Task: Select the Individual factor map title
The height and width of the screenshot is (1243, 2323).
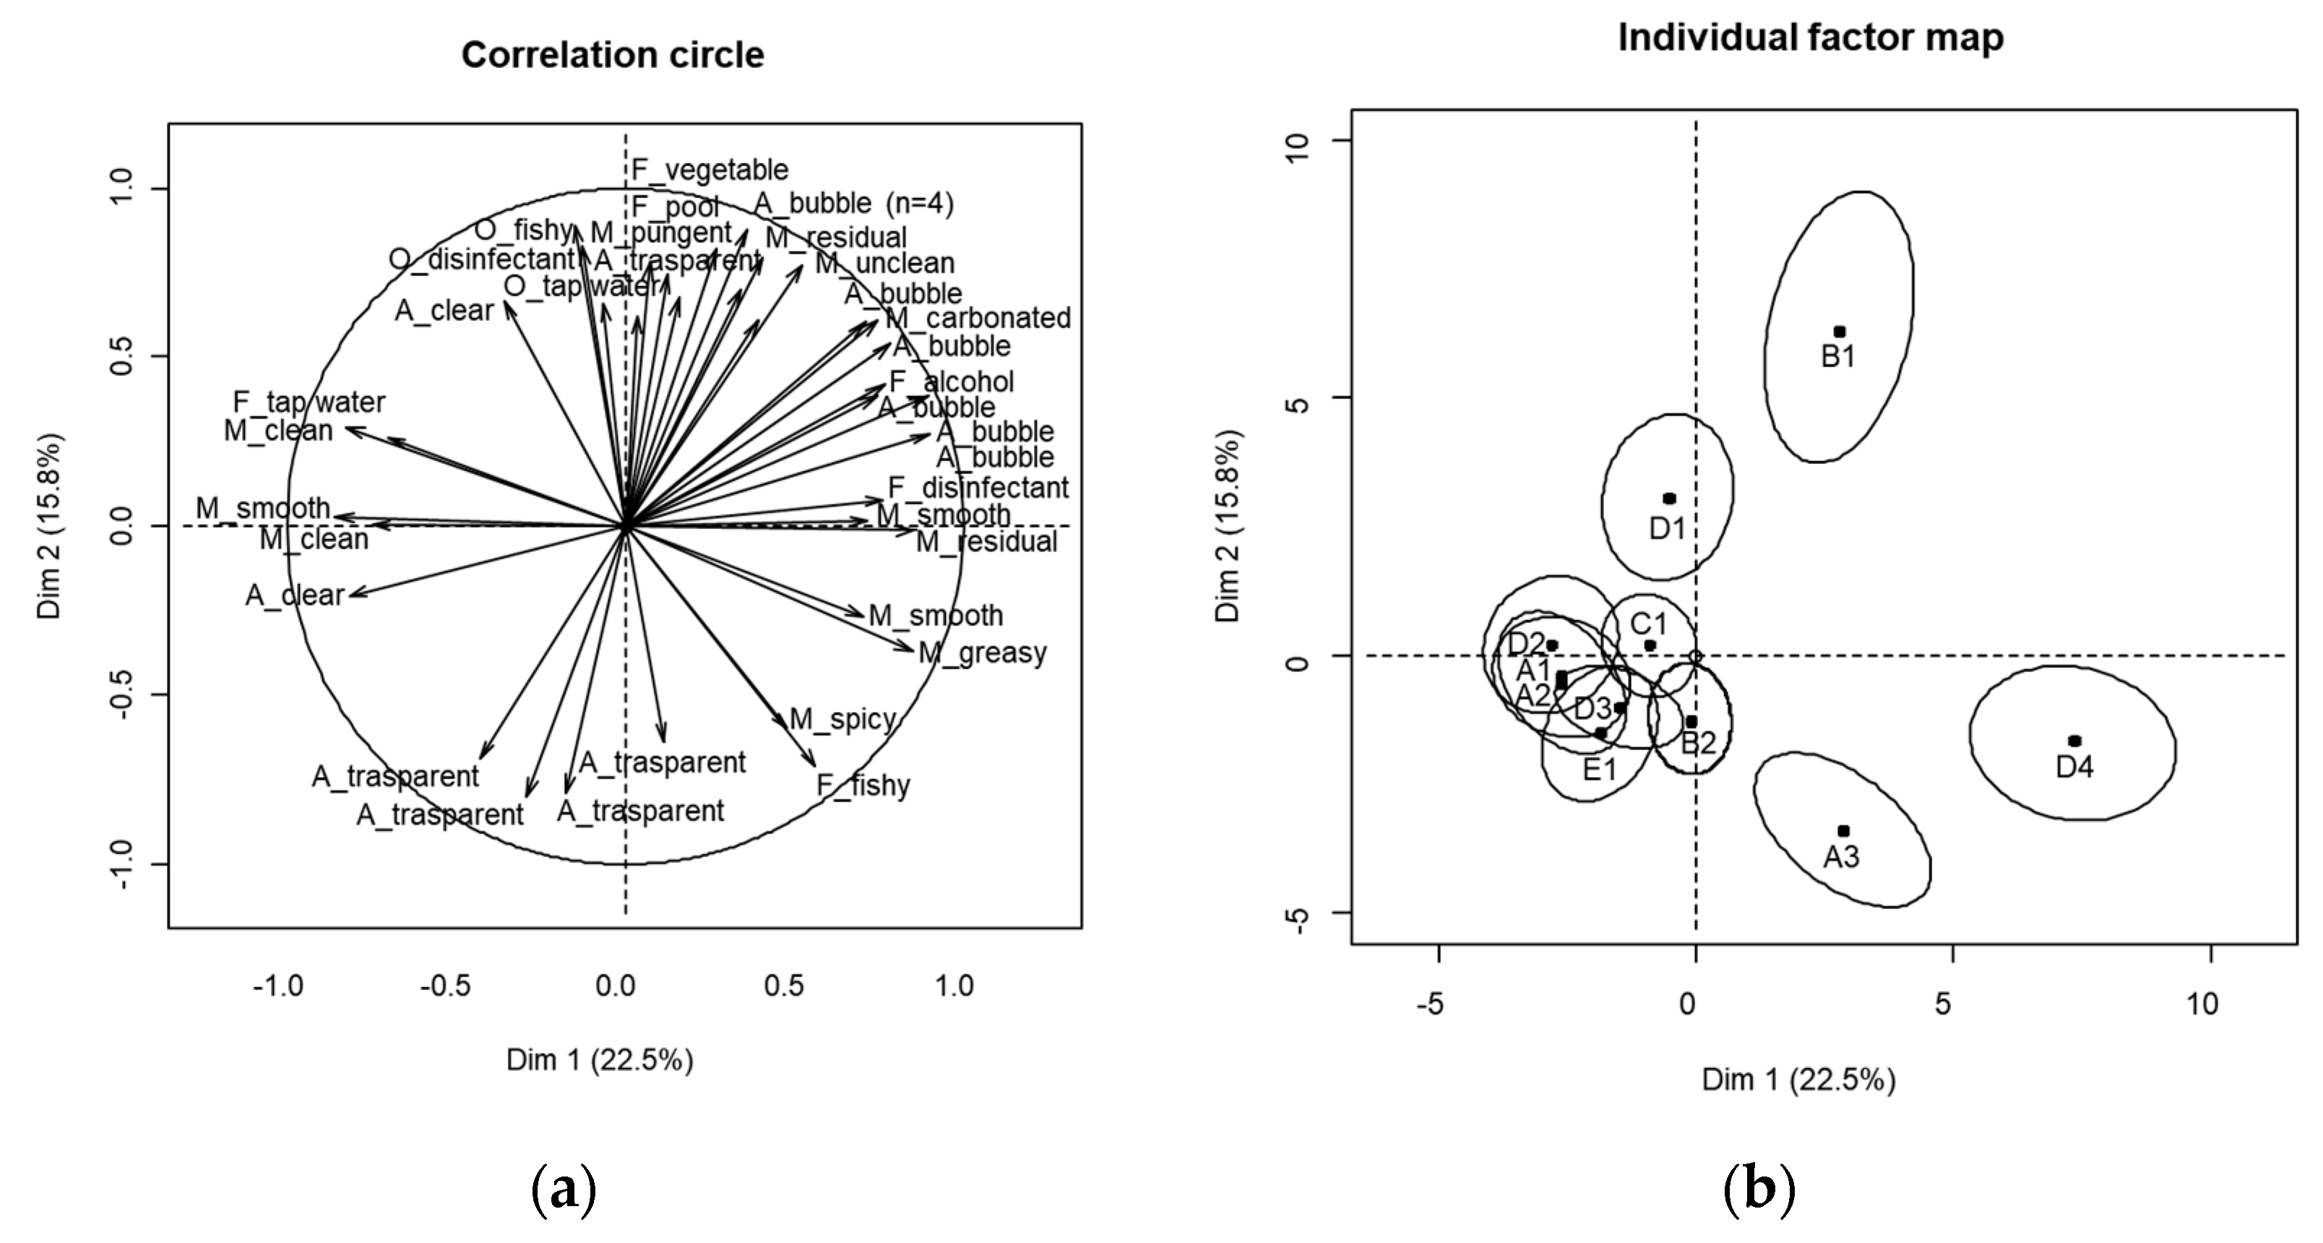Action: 1810,38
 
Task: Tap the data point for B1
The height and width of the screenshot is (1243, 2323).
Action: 1840,332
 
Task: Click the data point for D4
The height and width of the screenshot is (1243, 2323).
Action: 2074,741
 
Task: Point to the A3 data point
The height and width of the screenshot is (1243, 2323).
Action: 1843,831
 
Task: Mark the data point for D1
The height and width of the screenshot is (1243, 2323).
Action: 1669,499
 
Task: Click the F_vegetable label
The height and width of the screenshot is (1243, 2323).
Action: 710,170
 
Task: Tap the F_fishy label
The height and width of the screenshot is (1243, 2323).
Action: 863,785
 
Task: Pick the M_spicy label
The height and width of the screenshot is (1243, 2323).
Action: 842,719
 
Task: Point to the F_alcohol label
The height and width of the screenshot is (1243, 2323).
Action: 952,382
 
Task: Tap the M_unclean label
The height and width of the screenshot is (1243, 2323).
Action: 884,263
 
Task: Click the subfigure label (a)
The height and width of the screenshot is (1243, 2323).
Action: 564,1189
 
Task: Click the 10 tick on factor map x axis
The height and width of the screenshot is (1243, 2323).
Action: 2202,1004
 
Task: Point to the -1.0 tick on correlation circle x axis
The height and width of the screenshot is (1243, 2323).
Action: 277,986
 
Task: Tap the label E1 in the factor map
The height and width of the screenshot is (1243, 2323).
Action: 1600,770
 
